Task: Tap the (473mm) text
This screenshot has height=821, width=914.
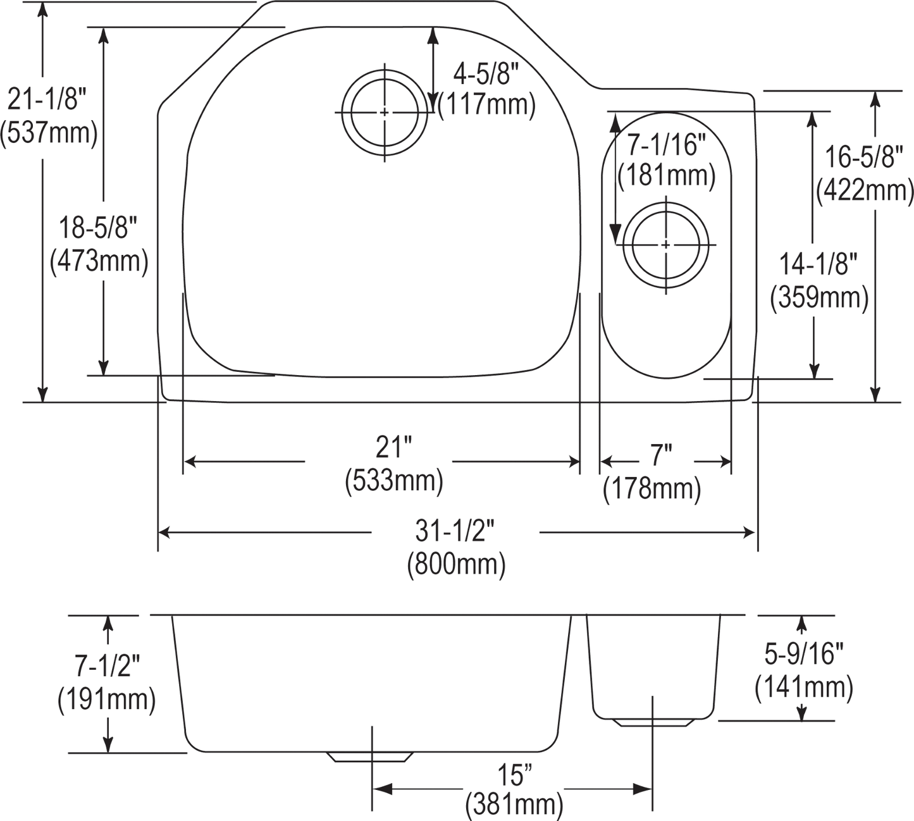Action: coord(99,261)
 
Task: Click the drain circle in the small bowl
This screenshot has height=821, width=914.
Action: coord(666,244)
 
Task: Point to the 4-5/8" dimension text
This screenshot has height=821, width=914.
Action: coord(485,77)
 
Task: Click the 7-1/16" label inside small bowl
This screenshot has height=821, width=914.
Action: coord(667,147)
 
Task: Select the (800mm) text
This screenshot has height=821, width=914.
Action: coord(455,564)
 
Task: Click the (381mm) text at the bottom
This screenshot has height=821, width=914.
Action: coord(514,804)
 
